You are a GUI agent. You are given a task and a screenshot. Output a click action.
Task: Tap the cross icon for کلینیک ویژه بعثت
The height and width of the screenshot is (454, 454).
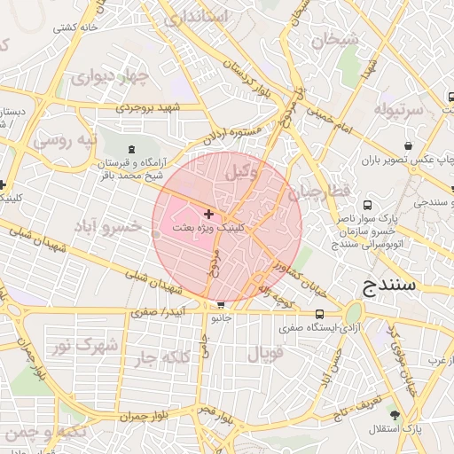[x=208, y=214]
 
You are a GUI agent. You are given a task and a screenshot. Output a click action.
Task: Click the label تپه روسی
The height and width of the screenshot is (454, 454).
[x=65, y=141]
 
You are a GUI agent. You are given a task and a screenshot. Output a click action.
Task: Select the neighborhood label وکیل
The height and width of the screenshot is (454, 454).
[x=241, y=173]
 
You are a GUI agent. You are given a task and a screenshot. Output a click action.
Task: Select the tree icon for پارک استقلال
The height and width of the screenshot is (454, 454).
[x=394, y=415]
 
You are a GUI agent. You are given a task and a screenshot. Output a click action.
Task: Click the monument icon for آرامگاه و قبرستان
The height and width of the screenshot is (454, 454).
[x=132, y=149]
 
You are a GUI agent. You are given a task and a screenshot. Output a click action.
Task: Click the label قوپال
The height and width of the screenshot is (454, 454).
[x=264, y=354]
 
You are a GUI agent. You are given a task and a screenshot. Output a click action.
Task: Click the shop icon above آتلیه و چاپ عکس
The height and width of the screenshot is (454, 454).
[x=407, y=146]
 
